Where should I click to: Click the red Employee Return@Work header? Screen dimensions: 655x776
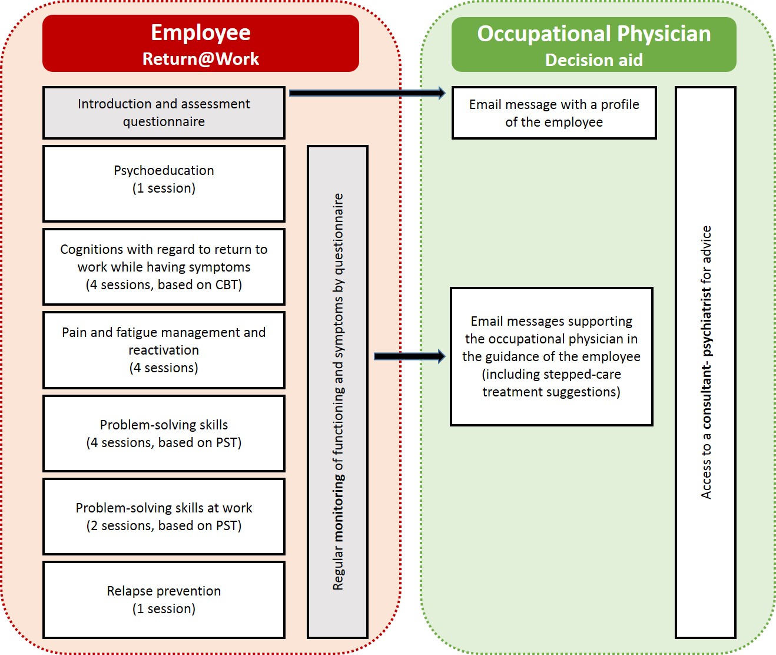pyautogui.click(x=200, y=44)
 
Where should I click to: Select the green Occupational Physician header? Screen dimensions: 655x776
pyautogui.click(x=593, y=44)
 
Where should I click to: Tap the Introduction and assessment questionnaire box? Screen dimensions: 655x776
pyautogui.click(x=164, y=113)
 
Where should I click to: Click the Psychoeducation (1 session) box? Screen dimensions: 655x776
pyautogui.click(x=164, y=183)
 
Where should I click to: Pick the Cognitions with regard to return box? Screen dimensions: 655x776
pyautogui.click(x=164, y=267)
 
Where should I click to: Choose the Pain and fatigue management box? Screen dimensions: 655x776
pyautogui.click(x=164, y=350)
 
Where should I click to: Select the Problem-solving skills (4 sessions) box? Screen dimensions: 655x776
pyautogui.click(x=164, y=434)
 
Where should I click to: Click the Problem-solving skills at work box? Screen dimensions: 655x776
pyautogui.click(x=164, y=517)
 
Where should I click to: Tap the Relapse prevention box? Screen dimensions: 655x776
pyautogui.click(x=164, y=600)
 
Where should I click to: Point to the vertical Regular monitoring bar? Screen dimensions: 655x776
pyautogui.click(x=338, y=392)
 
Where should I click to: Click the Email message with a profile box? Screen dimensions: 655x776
pyautogui.click(x=553, y=113)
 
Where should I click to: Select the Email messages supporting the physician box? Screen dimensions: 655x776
pyautogui.click(x=551, y=356)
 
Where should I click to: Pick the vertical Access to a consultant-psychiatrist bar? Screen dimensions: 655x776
pyautogui.click(x=705, y=362)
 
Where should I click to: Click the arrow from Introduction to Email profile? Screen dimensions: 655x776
pyautogui.click(x=367, y=92)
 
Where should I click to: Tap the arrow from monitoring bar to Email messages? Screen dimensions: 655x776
pyautogui.click(x=410, y=356)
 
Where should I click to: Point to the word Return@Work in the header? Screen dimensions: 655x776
pyautogui.click(x=200, y=59)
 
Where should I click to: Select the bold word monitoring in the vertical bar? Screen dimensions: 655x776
pyautogui.click(x=338, y=507)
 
